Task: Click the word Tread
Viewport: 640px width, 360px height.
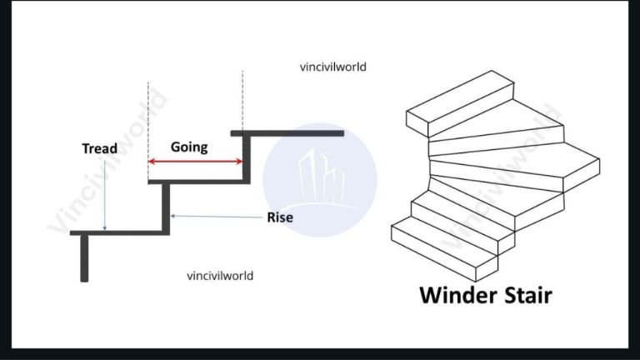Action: coord(99,149)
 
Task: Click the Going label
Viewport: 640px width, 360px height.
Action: coord(189,147)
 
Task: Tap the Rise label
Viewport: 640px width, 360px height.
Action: coord(280,218)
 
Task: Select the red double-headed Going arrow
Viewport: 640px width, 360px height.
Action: coord(195,162)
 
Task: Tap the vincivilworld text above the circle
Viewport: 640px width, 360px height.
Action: coord(332,67)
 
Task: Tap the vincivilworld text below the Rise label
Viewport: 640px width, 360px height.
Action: coord(220,275)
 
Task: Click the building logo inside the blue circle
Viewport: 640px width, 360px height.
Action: coord(322,178)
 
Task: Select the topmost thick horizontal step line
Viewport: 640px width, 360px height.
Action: coord(287,132)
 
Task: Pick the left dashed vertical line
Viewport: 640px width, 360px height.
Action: coord(148,125)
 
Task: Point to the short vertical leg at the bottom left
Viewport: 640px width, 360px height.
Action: coord(84,258)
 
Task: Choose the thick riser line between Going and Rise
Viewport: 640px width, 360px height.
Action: coord(246,157)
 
